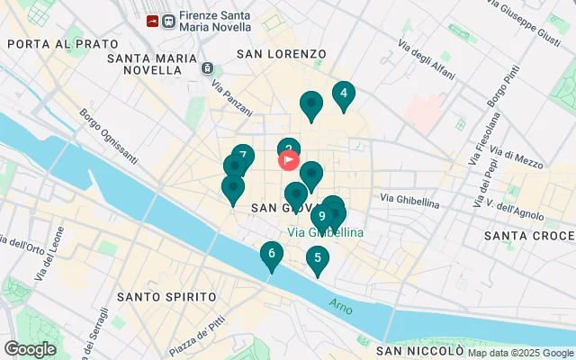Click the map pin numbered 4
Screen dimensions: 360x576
coord(343,94)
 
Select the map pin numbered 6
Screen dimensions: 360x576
coord(271,255)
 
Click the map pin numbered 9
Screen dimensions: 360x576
coord(322,216)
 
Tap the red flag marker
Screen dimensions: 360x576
coord(289,161)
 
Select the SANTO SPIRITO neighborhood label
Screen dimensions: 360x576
coord(166,296)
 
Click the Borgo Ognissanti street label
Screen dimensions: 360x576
coord(109,137)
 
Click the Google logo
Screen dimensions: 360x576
coord(30,349)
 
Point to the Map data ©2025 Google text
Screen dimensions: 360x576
coord(520,354)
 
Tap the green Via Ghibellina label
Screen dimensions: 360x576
coord(326,232)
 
